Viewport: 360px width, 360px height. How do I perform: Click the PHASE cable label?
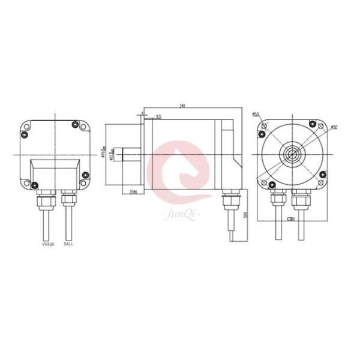(x=47, y=245)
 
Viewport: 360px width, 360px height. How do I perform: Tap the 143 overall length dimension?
(x=182, y=106)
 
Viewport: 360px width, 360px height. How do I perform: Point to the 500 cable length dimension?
(x=245, y=217)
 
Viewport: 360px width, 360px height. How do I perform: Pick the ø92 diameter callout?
(x=334, y=127)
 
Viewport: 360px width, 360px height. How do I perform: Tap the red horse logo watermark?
(x=180, y=172)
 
